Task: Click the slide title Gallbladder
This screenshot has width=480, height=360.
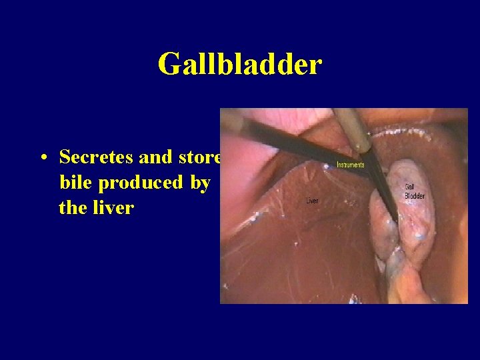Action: coord(240,65)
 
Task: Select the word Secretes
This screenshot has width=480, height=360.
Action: coord(97,157)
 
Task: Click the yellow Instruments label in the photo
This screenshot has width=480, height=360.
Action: coord(351,165)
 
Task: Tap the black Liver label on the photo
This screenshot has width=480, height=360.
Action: coord(311,200)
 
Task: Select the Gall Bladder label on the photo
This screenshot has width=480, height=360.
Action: coord(414,191)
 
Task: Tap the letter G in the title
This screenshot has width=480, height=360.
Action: coord(169,65)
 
